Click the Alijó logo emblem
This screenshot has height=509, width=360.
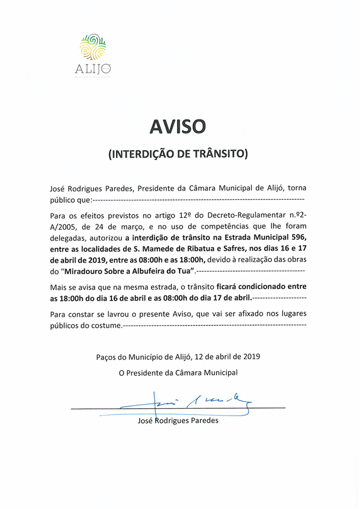coord(93,48)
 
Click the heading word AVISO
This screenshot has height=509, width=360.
coord(178,126)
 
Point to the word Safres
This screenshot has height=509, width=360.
coord(247,249)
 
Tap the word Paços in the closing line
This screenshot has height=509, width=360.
coord(108,357)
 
